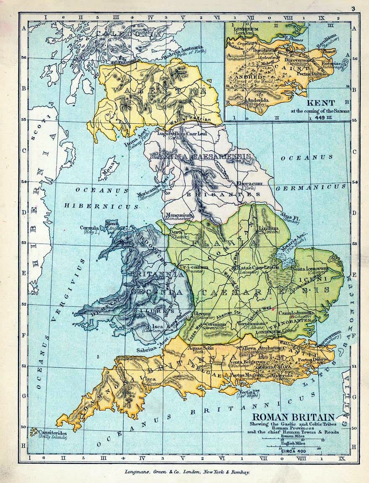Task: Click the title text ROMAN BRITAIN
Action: [x=293, y=417]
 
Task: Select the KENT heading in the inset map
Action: [x=320, y=103]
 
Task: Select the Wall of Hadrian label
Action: [x=188, y=121]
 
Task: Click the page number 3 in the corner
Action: [x=353, y=8]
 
